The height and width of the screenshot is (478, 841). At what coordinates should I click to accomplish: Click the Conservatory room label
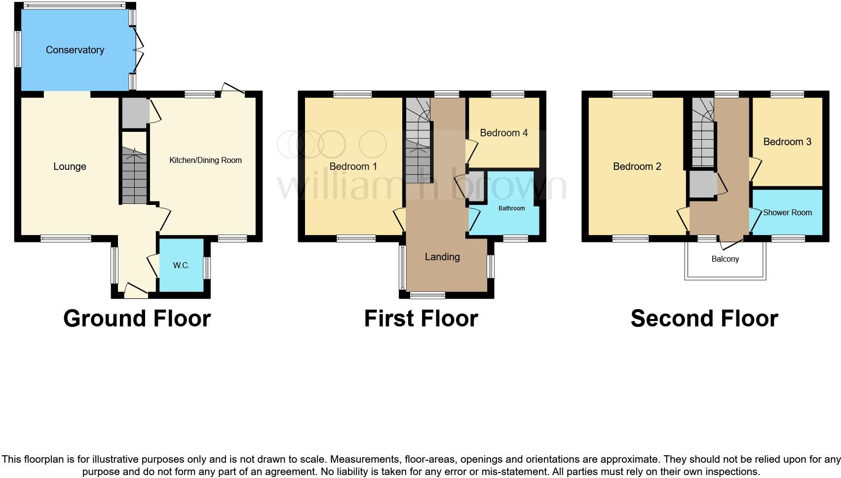pos(75,50)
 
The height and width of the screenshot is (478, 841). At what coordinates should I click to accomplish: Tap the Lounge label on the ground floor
pos(70,167)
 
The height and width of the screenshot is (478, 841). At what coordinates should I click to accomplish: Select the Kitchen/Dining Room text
pos(205,160)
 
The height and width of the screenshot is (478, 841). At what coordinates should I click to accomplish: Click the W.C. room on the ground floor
pos(181,266)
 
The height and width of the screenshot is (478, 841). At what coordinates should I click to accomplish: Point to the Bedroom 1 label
pos(353,166)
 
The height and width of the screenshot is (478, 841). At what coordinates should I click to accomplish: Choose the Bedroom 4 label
pos(503,133)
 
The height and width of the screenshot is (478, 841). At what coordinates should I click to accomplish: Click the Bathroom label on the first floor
pos(511,208)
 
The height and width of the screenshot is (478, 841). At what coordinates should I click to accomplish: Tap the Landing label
pos(442,257)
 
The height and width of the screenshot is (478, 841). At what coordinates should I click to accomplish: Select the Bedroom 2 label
pos(637,166)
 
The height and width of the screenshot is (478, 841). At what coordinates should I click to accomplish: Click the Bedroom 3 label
pos(787,142)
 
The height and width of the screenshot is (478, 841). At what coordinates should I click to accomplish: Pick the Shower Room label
pos(787,213)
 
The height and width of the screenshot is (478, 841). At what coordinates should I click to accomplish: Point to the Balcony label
pos(725,259)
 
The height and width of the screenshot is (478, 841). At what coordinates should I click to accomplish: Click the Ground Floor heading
pos(137,319)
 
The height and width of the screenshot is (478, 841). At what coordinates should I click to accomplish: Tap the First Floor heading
pos(421,319)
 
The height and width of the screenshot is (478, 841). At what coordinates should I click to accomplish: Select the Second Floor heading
pos(704,319)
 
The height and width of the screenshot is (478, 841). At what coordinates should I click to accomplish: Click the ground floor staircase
pos(134,178)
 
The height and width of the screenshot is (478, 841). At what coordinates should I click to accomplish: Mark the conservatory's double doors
pos(139,49)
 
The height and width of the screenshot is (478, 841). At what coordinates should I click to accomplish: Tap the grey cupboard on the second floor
pos(702,184)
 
